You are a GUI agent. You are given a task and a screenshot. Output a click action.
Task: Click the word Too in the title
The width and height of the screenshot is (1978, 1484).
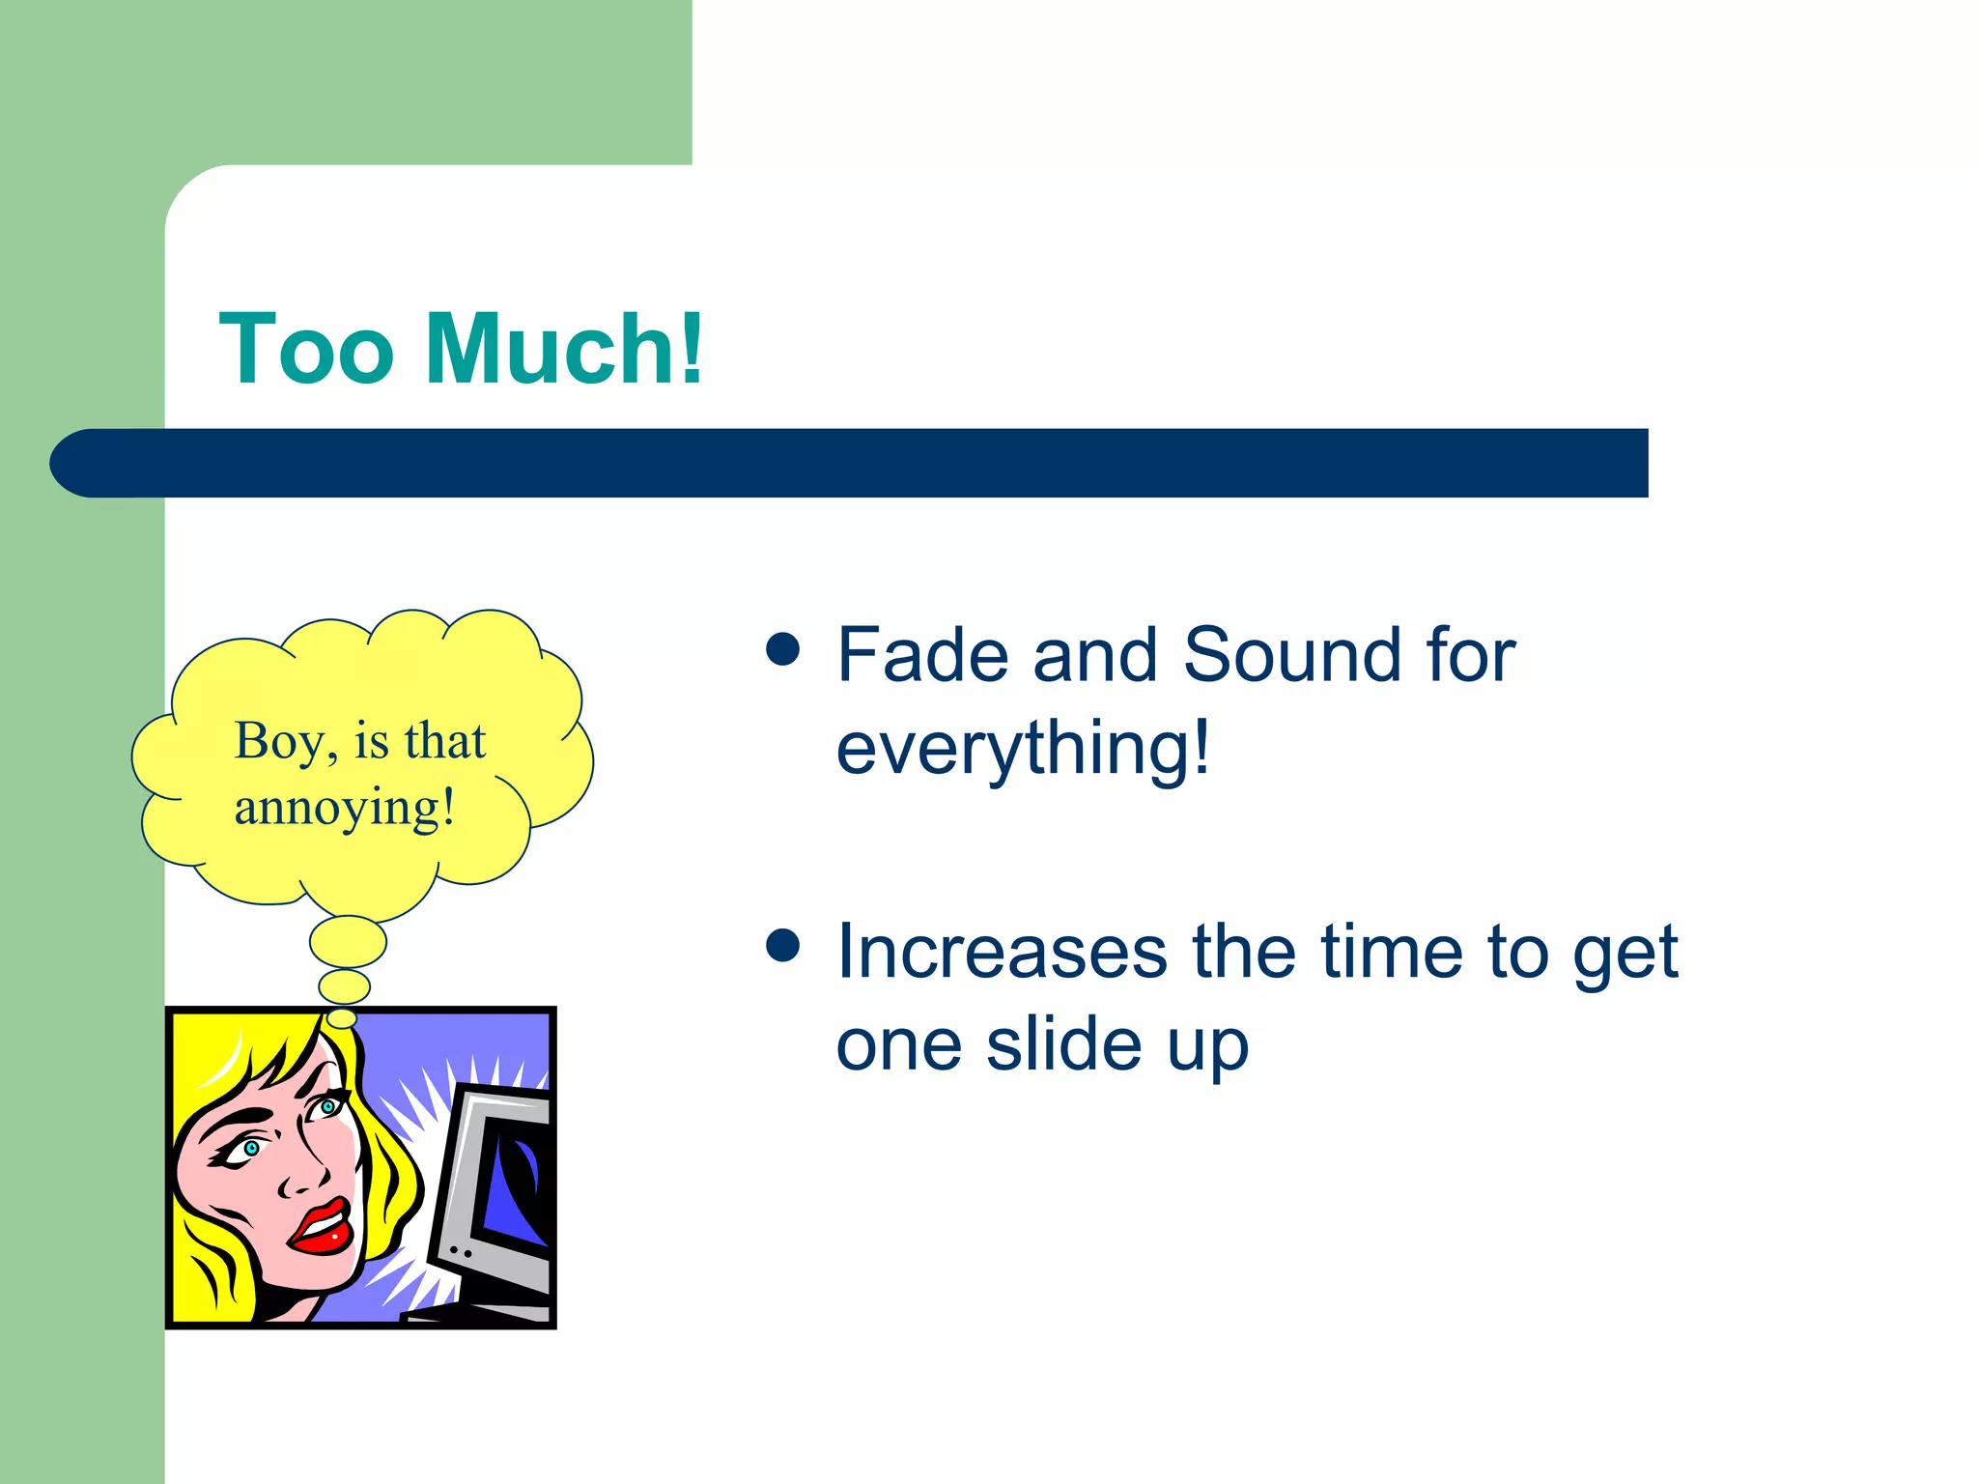pyautogui.click(x=307, y=350)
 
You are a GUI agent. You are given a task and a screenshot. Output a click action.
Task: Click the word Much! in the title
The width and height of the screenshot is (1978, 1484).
pyautogui.click(x=564, y=350)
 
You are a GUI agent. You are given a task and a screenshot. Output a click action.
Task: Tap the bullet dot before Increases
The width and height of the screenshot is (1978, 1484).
pyautogui.click(x=782, y=946)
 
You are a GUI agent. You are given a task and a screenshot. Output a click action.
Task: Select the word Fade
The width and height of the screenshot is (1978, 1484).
pyautogui.click(x=923, y=655)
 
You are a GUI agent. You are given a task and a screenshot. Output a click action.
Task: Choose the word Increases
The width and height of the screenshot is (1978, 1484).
pyautogui.click(x=1002, y=953)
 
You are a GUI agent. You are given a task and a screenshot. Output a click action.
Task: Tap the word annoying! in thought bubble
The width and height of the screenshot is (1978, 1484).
pyautogui.click(x=344, y=809)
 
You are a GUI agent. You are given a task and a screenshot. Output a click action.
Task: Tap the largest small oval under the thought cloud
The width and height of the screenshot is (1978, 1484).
pyautogui.click(x=348, y=942)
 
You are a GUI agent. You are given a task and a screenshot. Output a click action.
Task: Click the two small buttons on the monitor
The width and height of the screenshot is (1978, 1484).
pyautogui.click(x=460, y=1252)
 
